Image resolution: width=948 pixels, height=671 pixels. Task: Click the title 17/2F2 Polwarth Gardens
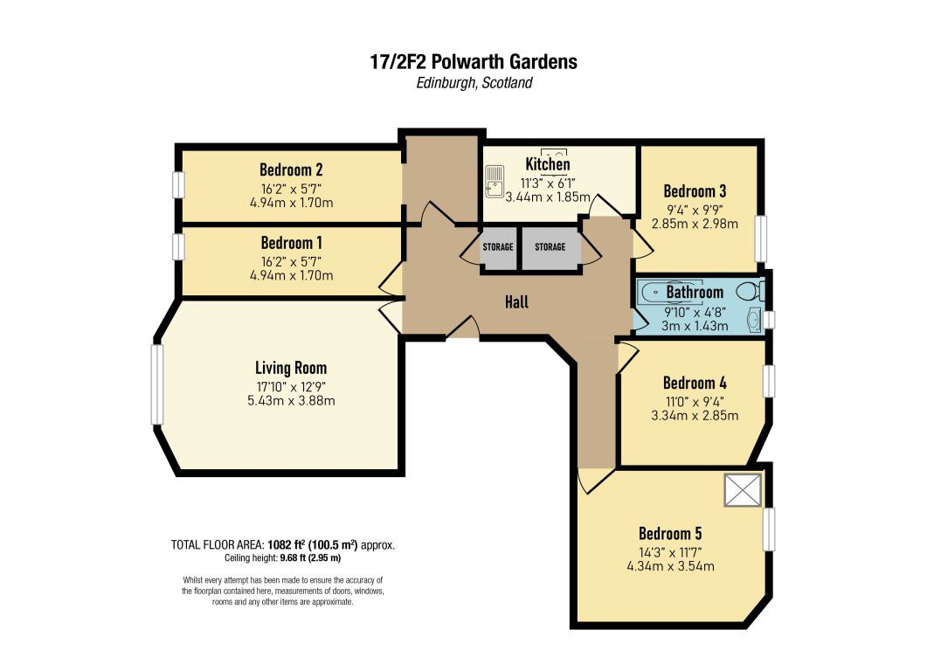click(474, 62)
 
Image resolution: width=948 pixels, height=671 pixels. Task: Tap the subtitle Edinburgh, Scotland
click(474, 83)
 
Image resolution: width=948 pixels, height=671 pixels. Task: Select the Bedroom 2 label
click(292, 169)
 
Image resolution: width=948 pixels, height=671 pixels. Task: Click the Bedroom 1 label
click(292, 243)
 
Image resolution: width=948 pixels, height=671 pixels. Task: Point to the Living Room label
click(291, 368)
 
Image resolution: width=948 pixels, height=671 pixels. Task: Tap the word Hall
click(517, 301)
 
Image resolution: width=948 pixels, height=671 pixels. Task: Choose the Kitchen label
click(548, 164)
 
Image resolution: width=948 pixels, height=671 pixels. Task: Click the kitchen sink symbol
click(495, 182)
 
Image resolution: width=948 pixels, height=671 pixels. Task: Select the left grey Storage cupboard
click(499, 248)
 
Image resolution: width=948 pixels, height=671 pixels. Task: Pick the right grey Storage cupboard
click(550, 248)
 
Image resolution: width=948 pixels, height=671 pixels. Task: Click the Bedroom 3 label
click(695, 191)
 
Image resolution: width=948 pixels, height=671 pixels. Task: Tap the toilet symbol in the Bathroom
click(751, 291)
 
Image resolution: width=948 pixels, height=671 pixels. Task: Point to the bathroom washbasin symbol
click(755, 320)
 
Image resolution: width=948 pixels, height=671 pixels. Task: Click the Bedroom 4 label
click(695, 383)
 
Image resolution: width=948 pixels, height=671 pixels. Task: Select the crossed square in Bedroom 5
click(743, 489)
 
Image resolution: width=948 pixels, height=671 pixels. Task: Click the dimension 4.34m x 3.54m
click(670, 566)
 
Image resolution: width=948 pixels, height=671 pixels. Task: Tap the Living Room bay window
click(157, 384)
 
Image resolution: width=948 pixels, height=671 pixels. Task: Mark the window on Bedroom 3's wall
click(762, 239)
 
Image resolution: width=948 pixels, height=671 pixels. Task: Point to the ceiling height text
click(283, 558)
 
